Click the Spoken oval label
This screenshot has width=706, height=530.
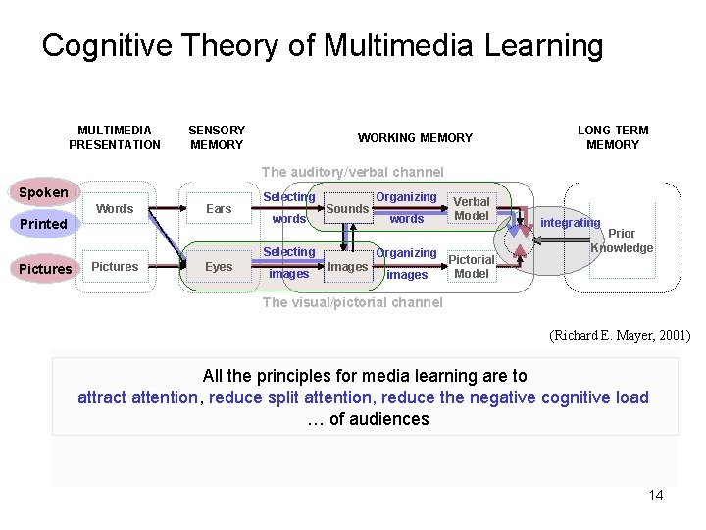[43, 192]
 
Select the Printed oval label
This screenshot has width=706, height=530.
[43, 224]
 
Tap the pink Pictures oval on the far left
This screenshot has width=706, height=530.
[45, 269]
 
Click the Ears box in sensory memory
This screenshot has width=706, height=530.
[219, 208]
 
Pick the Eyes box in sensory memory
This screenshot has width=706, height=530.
[219, 266]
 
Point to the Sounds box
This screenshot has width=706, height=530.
[347, 208]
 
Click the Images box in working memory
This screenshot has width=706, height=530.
[347, 266]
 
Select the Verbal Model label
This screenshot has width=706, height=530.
[472, 208]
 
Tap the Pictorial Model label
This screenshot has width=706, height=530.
[472, 267]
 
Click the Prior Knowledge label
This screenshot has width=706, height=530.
[622, 240]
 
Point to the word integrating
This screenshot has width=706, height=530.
[570, 223]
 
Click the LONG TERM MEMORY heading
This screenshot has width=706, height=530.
[613, 137]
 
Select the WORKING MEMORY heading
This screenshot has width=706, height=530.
[415, 138]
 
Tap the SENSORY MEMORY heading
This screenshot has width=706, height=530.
[217, 137]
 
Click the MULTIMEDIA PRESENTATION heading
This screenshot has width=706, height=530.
[115, 137]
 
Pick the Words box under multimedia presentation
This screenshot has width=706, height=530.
[115, 208]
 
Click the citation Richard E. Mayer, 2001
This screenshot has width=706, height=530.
[620, 336]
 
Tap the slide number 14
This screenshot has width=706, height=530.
[656, 495]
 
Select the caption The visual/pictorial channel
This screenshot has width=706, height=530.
[352, 302]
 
